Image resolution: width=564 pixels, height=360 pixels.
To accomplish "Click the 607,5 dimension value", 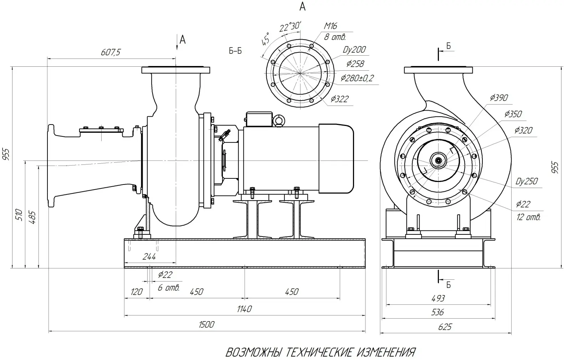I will coord(111,52).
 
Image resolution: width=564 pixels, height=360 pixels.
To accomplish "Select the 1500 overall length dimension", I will coord(207,324).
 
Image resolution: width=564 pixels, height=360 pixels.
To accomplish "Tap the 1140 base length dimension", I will coord(244,309).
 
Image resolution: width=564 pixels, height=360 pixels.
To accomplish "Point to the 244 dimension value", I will coord(149,257).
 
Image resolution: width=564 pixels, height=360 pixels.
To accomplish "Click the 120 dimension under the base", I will coord(137,292).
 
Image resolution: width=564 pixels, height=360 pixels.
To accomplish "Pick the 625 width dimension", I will coord(445,327).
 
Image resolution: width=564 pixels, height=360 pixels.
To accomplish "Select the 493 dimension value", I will coord(438,298).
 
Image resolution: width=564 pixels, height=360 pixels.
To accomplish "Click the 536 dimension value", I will coord(437,313).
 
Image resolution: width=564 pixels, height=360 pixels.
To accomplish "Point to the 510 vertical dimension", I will coord(20,215).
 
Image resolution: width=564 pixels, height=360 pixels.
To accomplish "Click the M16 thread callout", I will coord(330,26).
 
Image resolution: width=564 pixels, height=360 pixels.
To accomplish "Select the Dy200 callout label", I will coord(354,50).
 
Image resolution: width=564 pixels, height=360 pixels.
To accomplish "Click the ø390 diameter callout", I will coord(499,98).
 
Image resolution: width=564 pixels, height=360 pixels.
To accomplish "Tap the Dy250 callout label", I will coord(526,181).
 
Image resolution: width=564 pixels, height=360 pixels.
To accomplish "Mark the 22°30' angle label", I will coord(290,26).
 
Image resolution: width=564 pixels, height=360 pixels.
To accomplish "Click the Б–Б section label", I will coord(235,51).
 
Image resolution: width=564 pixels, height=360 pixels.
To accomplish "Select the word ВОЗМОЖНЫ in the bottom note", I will coord(254,353).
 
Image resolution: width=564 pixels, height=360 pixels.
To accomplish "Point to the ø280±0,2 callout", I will coord(357,78).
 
